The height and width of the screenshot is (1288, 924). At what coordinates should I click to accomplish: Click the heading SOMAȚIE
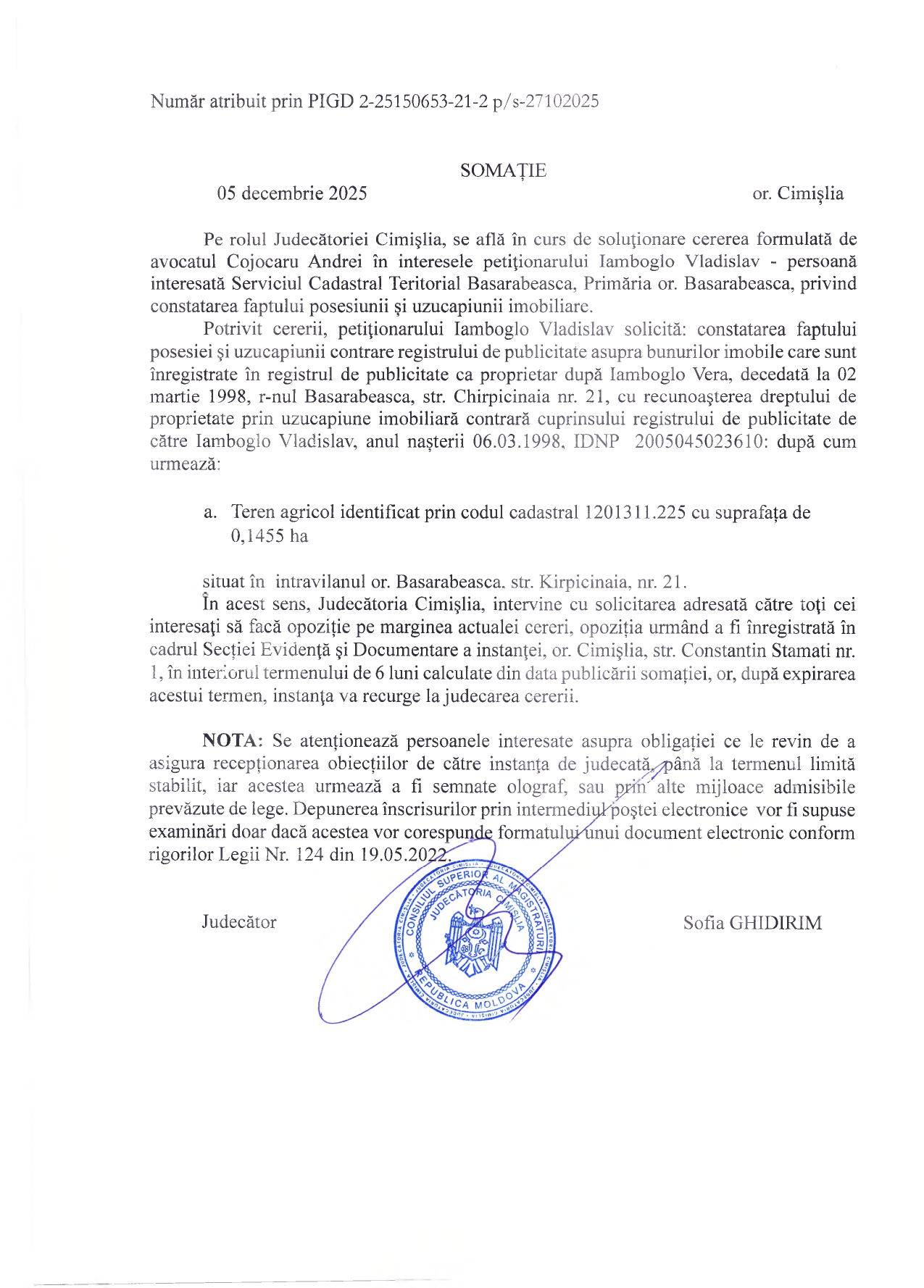pyautogui.click(x=503, y=171)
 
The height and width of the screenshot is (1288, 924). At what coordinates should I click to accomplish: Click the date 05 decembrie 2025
pyautogui.click(x=292, y=193)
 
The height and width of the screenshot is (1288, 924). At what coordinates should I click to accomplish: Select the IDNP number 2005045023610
pyautogui.click(x=700, y=442)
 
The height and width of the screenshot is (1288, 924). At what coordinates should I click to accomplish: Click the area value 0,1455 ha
pyautogui.click(x=270, y=536)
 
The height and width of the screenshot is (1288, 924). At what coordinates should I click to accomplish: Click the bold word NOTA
pyautogui.click(x=231, y=741)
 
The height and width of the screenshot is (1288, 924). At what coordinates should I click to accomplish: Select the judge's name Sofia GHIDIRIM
pyautogui.click(x=752, y=923)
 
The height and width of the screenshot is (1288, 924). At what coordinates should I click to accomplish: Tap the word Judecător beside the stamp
pyautogui.click(x=239, y=922)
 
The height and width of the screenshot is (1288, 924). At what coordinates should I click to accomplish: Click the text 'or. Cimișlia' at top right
pyautogui.click(x=798, y=193)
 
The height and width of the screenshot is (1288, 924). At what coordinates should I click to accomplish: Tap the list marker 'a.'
pyautogui.click(x=210, y=513)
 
